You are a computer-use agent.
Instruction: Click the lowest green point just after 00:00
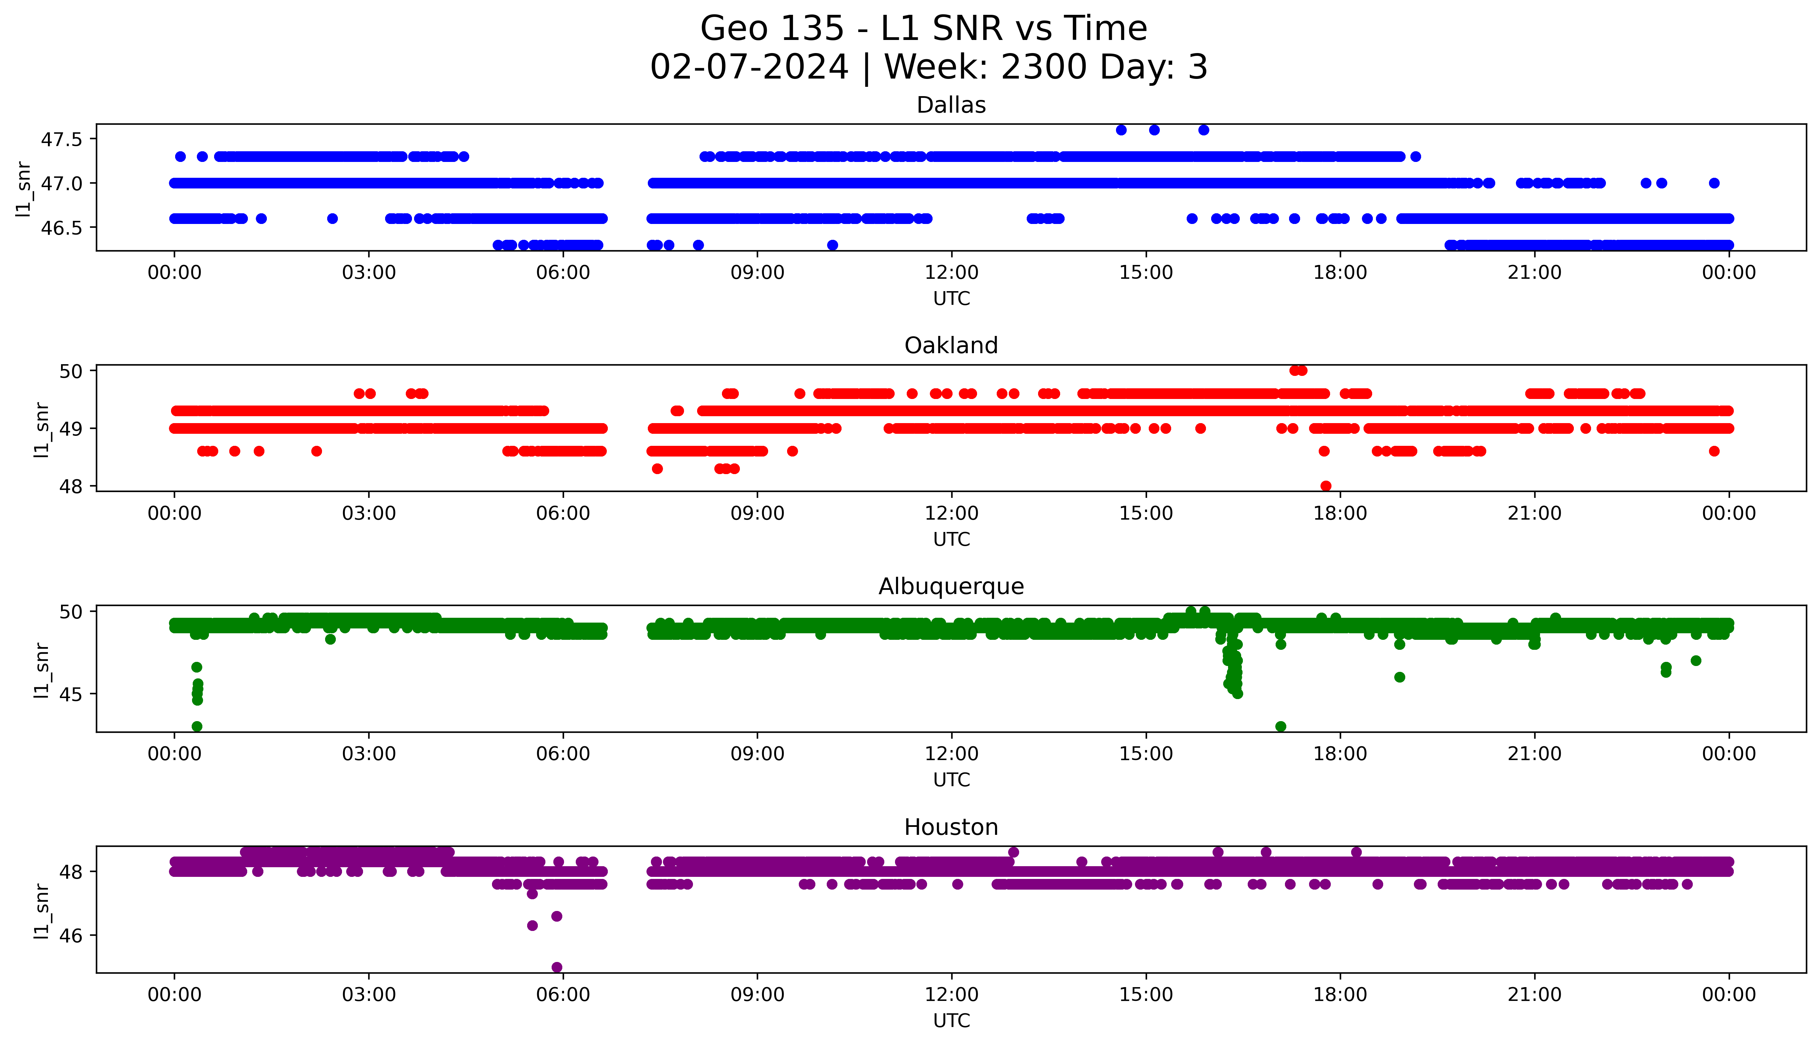point(197,726)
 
